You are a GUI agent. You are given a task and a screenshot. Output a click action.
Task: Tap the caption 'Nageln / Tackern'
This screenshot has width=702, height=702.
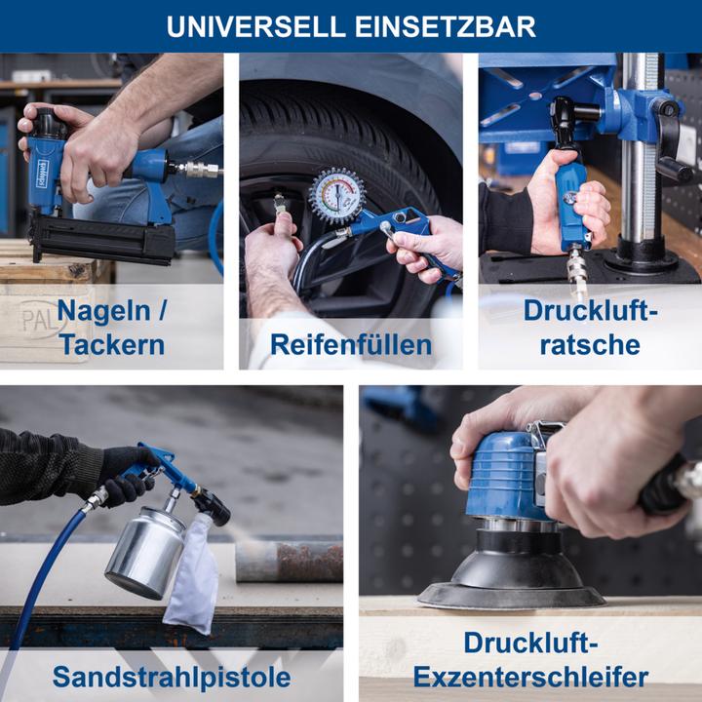pyautogui.click(x=110, y=328)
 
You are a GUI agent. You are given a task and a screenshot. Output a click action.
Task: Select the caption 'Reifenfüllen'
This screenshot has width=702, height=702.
pyautogui.click(x=350, y=344)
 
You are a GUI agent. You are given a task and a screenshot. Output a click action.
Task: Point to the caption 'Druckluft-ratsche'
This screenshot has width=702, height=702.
pyautogui.click(x=591, y=328)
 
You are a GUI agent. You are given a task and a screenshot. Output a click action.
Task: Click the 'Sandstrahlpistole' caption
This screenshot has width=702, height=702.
pyautogui.click(x=171, y=676)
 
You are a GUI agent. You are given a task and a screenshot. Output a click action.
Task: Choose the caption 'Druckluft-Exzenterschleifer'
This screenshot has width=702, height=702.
pyautogui.click(x=530, y=660)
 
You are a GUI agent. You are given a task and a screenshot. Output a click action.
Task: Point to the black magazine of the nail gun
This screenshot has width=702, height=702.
pyautogui.click(x=102, y=238)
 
